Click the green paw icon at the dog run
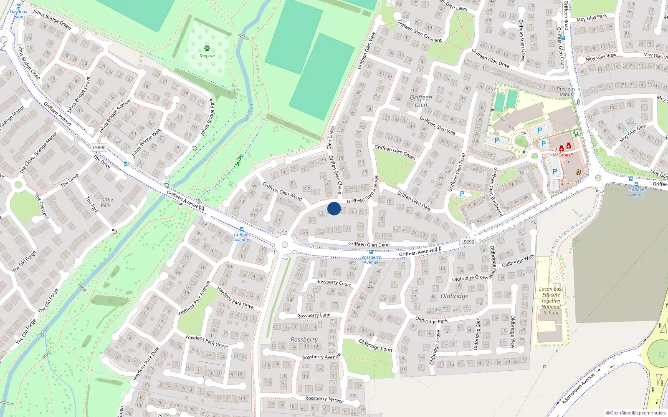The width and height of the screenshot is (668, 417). [x=207, y=48]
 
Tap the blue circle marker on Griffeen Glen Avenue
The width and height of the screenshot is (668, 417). [x=334, y=208]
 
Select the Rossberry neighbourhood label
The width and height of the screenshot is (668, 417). [x=304, y=340]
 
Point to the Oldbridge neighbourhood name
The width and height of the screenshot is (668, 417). [x=454, y=296]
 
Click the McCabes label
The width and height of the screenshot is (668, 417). [x=561, y=155]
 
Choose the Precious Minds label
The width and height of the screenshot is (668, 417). [x=566, y=91]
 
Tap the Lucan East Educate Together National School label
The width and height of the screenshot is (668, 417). [x=551, y=301]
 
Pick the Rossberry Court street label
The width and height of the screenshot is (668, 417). [x=334, y=283]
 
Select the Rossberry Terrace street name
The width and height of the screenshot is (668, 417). [x=324, y=399]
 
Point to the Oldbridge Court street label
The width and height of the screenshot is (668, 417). [x=376, y=345]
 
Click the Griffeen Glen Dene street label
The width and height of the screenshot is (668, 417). [x=369, y=245]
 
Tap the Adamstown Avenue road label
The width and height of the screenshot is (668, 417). [x=578, y=389]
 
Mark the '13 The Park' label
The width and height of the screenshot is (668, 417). [x=106, y=202]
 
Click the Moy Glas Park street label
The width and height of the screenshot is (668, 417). [x=592, y=18]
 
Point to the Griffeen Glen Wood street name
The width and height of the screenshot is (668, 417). [x=282, y=191]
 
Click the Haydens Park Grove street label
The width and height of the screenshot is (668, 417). [x=207, y=342]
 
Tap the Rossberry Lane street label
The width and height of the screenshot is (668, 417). [x=314, y=315]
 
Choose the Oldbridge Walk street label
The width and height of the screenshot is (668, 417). [x=518, y=261]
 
